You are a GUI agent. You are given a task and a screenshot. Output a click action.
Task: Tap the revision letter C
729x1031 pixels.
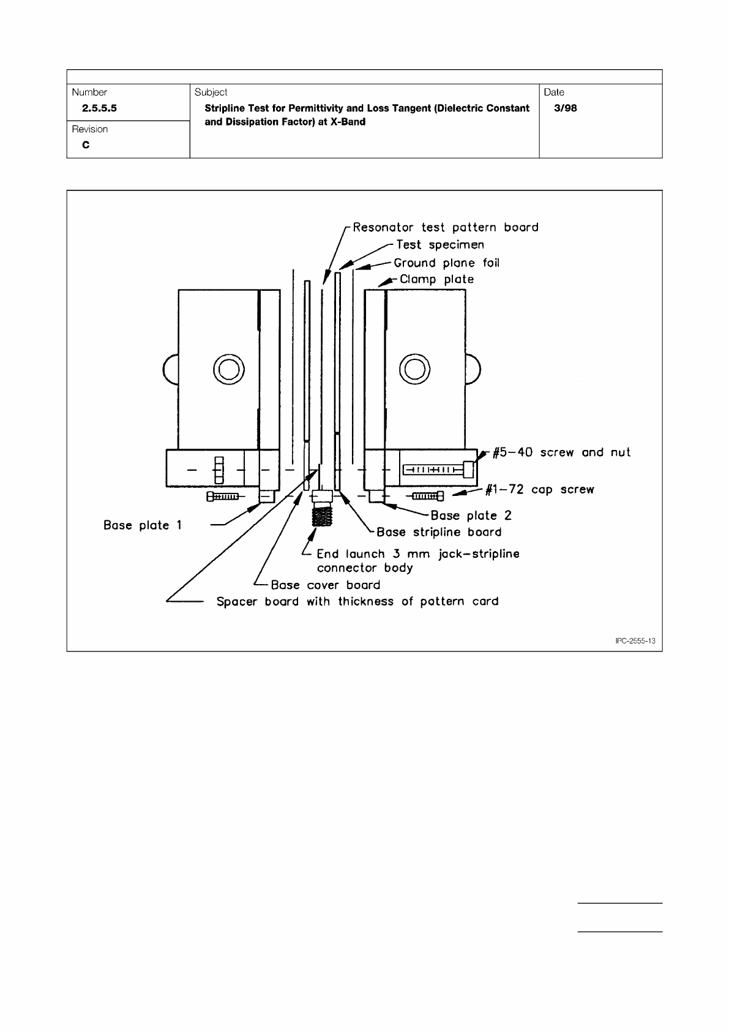click(86, 145)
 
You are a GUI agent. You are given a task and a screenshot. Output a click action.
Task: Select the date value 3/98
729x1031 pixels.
click(564, 108)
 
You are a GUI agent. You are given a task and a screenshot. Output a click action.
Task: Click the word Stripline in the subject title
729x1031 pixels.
click(226, 108)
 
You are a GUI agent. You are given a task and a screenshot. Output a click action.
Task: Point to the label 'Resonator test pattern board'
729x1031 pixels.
click(446, 228)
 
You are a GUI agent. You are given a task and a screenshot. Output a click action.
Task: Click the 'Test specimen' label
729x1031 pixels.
click(439, 245)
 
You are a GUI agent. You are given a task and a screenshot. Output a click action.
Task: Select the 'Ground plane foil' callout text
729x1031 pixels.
click(446, 263)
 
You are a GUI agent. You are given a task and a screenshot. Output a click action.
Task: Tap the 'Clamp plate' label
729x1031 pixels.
click(436, 279)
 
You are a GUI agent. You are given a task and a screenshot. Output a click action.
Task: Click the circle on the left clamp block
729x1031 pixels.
click(228, 369)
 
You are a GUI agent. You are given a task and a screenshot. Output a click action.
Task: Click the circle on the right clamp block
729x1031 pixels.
click(414, 369)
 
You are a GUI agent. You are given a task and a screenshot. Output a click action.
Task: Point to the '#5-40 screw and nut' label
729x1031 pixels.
click(561, 452)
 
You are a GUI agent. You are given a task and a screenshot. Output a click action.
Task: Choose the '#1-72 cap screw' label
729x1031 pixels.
click(539, 490)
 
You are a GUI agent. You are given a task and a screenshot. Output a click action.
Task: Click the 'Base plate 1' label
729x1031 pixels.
click(143, 525)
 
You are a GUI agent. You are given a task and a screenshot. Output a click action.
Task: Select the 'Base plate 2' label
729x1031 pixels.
click(471, 515)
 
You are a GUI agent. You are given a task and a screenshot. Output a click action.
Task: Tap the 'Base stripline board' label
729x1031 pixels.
click(439, 532)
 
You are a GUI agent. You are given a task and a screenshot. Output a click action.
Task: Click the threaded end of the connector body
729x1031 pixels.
click(322, 517)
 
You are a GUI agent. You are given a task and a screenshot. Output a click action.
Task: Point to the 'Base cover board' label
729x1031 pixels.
click(325, 585)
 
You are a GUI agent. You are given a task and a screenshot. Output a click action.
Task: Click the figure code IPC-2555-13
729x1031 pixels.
click(635, 640)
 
